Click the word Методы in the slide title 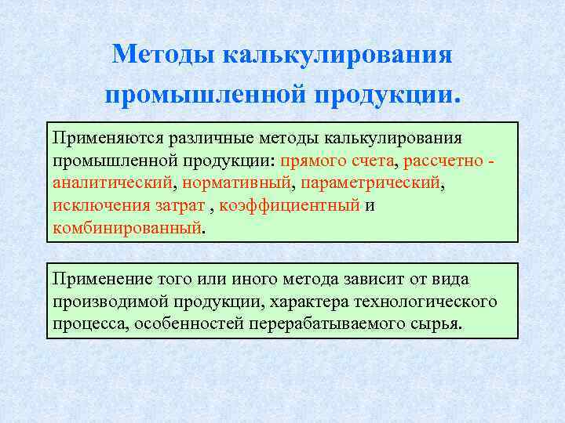pos(163,55)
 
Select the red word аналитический pos(115,184)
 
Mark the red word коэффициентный pos(290,207)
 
